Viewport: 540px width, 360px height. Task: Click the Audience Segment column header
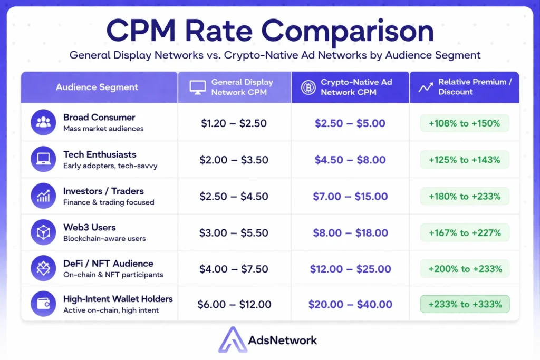(97, 87)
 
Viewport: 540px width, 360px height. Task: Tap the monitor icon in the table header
(198, 87)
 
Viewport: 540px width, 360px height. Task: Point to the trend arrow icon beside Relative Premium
(426, 87)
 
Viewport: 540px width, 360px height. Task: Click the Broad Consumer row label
(99, 118)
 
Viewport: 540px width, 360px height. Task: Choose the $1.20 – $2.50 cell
(234, 124)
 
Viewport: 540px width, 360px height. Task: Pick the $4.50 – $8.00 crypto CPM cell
(350, 160)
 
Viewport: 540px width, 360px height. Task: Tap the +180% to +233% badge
(465, 197)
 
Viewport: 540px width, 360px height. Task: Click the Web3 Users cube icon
(43, 232)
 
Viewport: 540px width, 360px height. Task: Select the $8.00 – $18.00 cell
(350, 233)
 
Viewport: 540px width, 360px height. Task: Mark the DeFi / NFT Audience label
(108, 264)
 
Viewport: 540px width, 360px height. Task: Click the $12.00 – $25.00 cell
(350, 269)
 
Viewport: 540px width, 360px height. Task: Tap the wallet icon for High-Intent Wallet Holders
(43, 304)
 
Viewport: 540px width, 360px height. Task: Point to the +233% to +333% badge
(465, 305)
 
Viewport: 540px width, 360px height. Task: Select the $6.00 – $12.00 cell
(234, 305)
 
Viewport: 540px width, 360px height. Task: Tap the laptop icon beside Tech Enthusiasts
(43, 159)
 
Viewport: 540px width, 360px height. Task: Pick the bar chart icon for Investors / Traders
(43, 196)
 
